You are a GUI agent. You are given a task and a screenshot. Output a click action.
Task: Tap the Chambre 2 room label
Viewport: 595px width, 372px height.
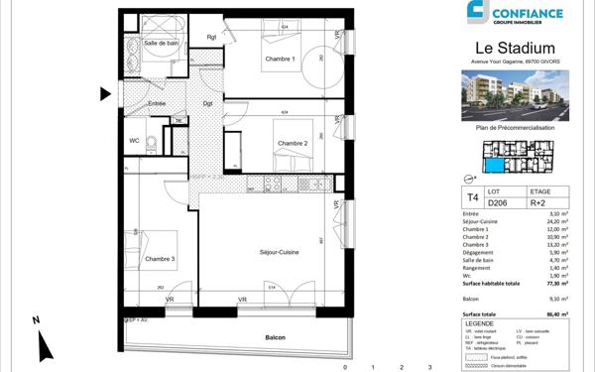[x=293, y=144]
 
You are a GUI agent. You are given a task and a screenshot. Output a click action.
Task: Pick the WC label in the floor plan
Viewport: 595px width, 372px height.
[x=134, y=140]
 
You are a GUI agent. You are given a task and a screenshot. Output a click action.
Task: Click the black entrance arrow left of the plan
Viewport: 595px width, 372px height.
[x=104, y=94]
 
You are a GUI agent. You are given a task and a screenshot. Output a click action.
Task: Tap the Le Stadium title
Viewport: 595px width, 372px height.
[x=515, y=49]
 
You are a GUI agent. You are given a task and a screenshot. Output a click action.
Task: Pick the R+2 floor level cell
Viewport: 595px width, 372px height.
[x=540, y=203]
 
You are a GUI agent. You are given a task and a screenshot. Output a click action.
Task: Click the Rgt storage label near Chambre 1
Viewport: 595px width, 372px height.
[x=211, y=38]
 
